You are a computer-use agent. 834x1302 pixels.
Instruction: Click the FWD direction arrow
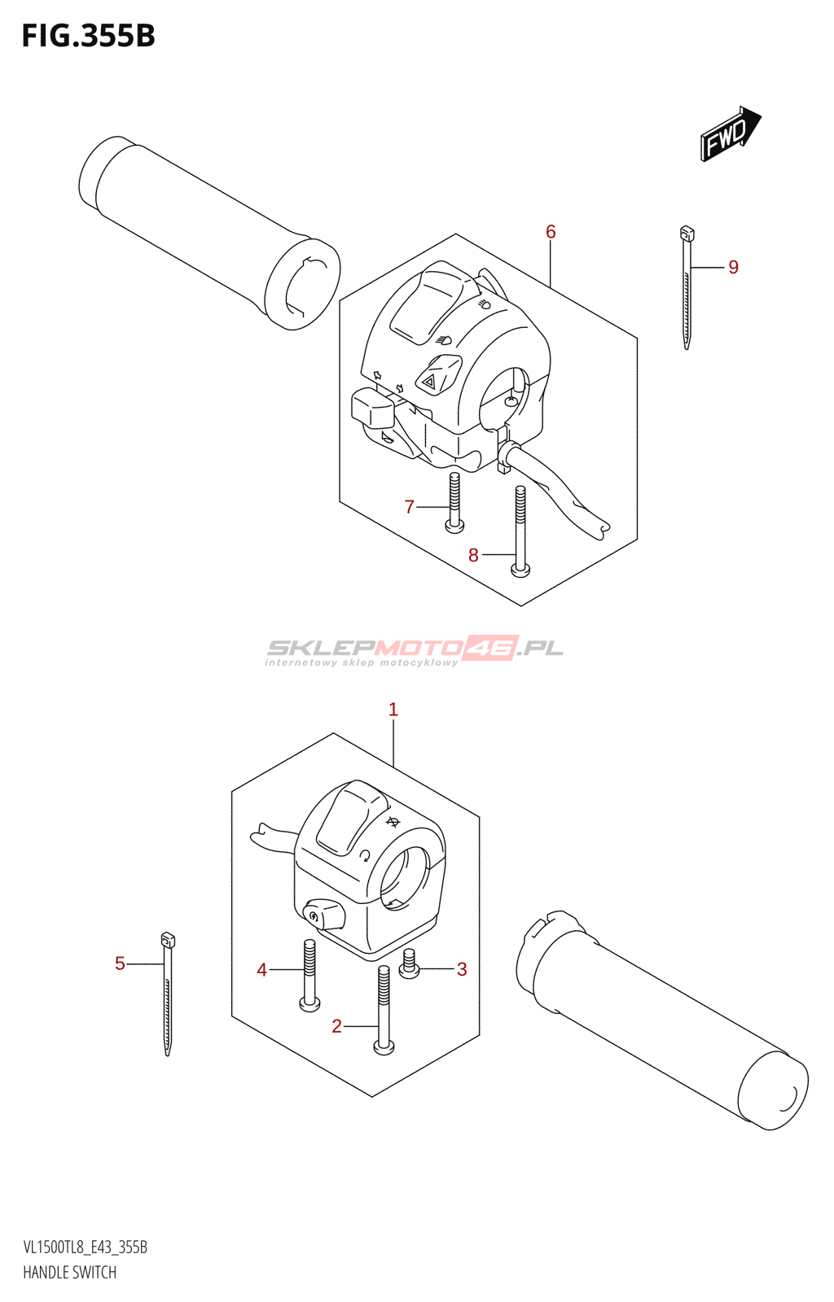coord(730,133)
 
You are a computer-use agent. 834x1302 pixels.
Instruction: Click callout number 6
coord(551,232)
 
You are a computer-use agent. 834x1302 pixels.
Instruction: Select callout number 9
coord(733,267)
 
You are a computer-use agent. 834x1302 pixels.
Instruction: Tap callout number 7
coord(410,507)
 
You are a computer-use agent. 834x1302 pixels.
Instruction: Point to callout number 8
coord(473,555)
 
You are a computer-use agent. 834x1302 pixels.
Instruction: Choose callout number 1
coord(393,710)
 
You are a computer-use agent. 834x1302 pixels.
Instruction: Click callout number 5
coord(120,963)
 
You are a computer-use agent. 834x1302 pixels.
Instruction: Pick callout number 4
coord(261,969)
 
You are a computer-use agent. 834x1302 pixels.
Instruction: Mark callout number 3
coord(462,968)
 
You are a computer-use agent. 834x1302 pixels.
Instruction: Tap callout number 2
coord(336,1026)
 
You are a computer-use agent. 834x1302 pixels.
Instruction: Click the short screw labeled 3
coord(409,964)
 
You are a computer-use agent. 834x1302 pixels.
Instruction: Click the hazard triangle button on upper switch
coord(430,378)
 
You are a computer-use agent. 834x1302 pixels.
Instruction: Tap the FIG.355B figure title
coord(88,36)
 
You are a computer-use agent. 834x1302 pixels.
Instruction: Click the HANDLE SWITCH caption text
coord(69,1272)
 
